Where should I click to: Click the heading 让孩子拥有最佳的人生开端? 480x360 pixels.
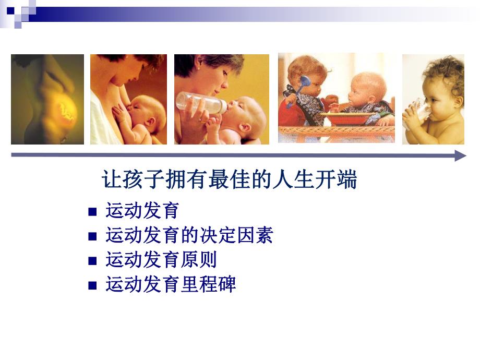(229, 181)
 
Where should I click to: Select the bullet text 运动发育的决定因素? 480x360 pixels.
(189, 235)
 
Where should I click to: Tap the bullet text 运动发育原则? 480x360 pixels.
(161, 260)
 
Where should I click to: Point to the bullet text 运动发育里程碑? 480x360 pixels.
(171, 284)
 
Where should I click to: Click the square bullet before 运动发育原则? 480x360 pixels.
(93, 261)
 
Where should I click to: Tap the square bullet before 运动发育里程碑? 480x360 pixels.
(93, 285)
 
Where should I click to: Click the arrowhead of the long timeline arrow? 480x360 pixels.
(460, 155)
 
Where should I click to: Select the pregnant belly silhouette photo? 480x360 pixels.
(47, 99)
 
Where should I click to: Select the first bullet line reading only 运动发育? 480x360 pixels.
(142, 211)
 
